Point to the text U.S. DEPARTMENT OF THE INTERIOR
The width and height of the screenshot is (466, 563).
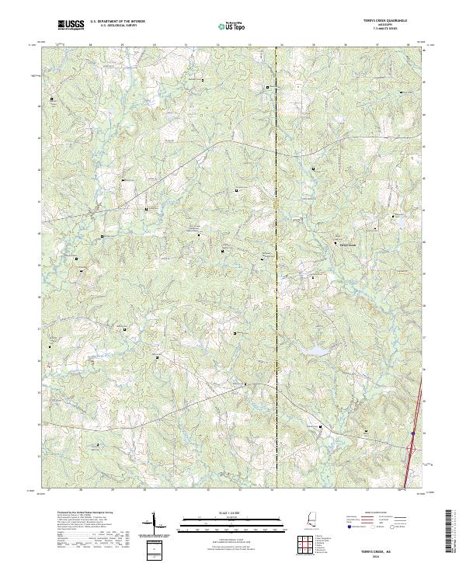pyautogui.click(x=117, y=22)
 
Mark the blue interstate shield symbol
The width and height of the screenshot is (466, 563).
pyautogui.click(x=413, y=433)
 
